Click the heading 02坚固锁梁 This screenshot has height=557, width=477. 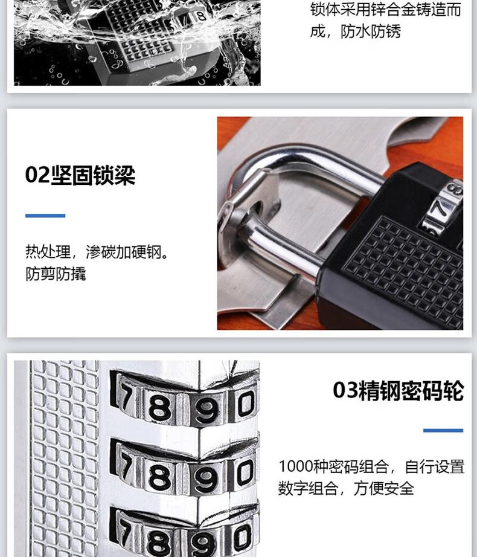click(80, 175)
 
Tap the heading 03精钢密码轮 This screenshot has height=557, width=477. click(399, 390)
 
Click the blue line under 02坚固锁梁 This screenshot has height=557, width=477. click(45, 216)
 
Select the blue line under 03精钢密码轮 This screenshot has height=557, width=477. click(443, 431)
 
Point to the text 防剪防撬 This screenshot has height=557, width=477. click(56, 274)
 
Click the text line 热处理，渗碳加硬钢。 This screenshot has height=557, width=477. click(97, 252)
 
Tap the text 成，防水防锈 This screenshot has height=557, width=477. click(355, 31)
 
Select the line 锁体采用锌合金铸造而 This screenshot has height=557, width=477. click(385, 9)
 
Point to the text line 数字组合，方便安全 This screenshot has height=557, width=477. click(346, 489)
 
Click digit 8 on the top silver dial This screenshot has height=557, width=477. click(159, 407)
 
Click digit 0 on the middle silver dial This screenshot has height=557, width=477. click(246, 472)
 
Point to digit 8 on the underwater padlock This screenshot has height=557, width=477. click(201, 16)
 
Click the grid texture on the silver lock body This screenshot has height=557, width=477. click(64, 459)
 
